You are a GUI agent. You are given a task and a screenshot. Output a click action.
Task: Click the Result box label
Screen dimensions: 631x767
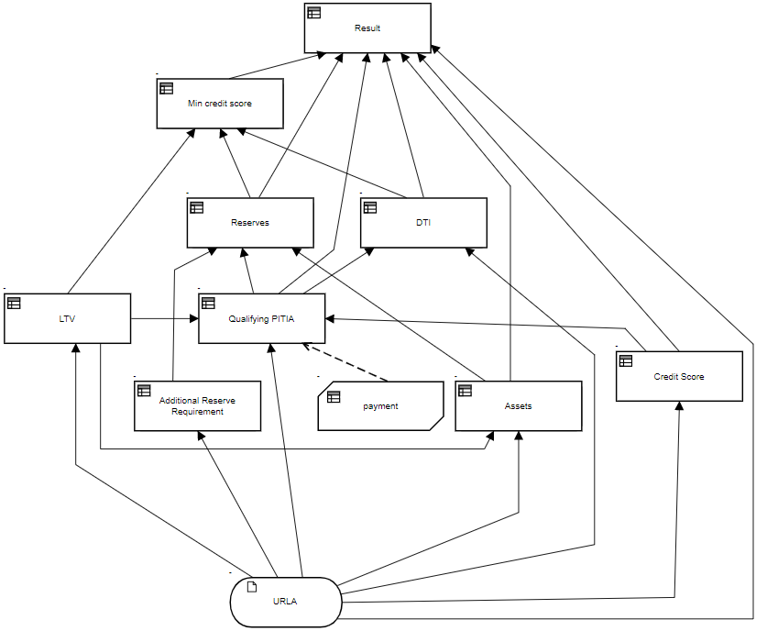(367, 28)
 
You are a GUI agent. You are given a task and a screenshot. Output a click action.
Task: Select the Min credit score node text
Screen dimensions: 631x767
(220, 104)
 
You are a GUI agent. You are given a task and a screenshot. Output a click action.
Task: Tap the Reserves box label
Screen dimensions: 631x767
(250, 223)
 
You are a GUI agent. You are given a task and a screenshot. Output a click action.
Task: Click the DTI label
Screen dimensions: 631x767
(422, 223)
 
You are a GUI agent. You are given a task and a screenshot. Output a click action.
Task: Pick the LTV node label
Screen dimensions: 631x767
(68, 319)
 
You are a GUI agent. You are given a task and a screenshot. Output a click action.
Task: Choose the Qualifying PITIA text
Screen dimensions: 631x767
(261, 319)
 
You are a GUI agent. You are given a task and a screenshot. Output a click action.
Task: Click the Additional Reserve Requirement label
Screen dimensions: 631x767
(197, 406)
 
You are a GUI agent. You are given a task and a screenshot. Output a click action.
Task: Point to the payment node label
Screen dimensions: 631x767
(380, 406)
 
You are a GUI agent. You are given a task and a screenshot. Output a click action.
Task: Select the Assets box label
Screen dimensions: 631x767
(518, 406)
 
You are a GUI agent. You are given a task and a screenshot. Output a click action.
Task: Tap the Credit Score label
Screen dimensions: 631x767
(679, 377)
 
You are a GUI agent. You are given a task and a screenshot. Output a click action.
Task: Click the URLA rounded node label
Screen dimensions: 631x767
(285, 602)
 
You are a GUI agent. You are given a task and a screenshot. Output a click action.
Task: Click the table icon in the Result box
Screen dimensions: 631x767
(314, 13)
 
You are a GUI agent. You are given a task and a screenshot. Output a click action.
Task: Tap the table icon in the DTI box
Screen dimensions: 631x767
(369, 207)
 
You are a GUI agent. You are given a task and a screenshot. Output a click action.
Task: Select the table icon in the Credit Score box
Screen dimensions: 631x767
(625, 361)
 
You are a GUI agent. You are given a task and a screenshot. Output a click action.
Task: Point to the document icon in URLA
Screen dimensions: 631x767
(252, 587)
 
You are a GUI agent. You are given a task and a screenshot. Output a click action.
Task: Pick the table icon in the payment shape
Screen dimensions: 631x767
(334, 396)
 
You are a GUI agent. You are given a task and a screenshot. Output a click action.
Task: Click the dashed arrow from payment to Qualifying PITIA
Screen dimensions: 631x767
(345, 363)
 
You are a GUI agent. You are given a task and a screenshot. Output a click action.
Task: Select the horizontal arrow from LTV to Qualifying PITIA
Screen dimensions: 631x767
(165, 319)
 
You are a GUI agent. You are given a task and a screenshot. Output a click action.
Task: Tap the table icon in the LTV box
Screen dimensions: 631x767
(14, 303)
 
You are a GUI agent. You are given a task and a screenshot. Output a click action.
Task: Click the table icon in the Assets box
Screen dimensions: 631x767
(465, 391)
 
